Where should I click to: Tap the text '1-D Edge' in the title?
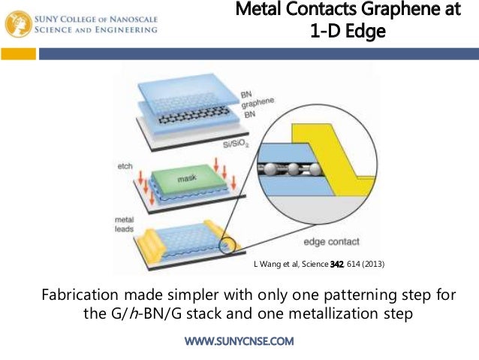point(342,32)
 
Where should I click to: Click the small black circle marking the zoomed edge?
point(226,244)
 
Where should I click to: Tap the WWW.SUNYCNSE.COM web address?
point(239,341)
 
